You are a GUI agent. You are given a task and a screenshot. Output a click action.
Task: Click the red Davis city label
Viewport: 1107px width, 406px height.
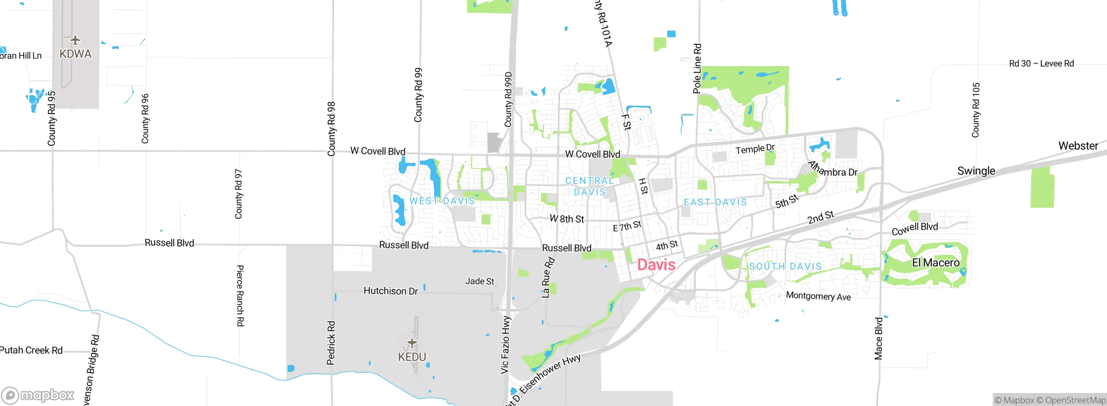[656, 264]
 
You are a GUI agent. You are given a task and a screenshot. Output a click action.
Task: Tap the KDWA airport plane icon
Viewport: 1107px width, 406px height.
[75, 41]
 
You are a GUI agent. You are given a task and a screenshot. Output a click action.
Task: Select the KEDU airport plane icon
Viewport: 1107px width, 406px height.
[412, 343]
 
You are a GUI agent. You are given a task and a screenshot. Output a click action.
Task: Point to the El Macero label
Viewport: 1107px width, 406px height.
[935, 263]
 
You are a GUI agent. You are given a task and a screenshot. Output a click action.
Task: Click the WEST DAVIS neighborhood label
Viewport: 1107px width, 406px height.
[442, 201]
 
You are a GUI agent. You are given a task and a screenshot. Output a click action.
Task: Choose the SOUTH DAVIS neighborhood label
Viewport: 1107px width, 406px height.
[785, 266]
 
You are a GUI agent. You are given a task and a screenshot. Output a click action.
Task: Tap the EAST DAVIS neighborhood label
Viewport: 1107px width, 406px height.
[715, 202]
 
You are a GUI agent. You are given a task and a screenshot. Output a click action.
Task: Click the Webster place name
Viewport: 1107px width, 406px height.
[1078, 146]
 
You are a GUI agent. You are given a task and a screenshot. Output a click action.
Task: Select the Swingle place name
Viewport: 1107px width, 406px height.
[976, 171]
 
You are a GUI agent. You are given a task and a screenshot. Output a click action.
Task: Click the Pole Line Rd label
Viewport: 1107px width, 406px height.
[697, 68]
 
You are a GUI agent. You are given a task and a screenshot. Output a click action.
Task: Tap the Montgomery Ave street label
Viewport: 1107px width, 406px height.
[818, 296]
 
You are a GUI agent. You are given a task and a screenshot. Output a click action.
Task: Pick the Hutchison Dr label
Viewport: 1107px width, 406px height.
[390, 291]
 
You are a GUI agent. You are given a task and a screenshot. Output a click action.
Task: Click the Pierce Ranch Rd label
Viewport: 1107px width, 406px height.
[240, 295]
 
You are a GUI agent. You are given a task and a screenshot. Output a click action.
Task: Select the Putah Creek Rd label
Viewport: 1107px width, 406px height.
[31, 350]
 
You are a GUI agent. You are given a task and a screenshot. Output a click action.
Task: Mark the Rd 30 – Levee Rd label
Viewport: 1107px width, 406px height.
[1041, 63]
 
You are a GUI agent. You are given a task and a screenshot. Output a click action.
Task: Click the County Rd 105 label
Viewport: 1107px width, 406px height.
[976, 110]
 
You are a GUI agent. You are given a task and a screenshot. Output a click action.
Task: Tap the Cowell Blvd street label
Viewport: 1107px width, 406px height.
[915, 229]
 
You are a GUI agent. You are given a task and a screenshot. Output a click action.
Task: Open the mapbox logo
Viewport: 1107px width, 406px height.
[38, 395]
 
